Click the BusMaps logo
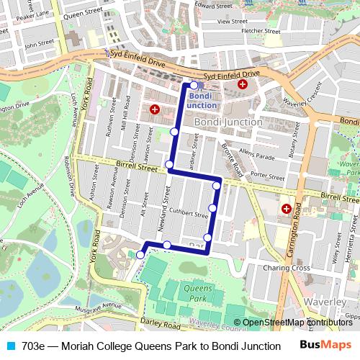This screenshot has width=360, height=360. [326, 346]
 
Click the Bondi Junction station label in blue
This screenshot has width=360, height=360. [201, 100]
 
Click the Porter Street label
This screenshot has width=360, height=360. [268, 175]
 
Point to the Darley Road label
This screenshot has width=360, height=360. [158, 322]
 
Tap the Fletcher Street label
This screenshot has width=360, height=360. [260, 31]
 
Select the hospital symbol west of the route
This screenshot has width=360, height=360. [154, 109]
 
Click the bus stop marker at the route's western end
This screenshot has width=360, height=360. [140, 254]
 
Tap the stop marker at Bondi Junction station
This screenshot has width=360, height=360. [194, 85]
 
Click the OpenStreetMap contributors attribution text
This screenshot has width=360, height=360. [297, 323]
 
